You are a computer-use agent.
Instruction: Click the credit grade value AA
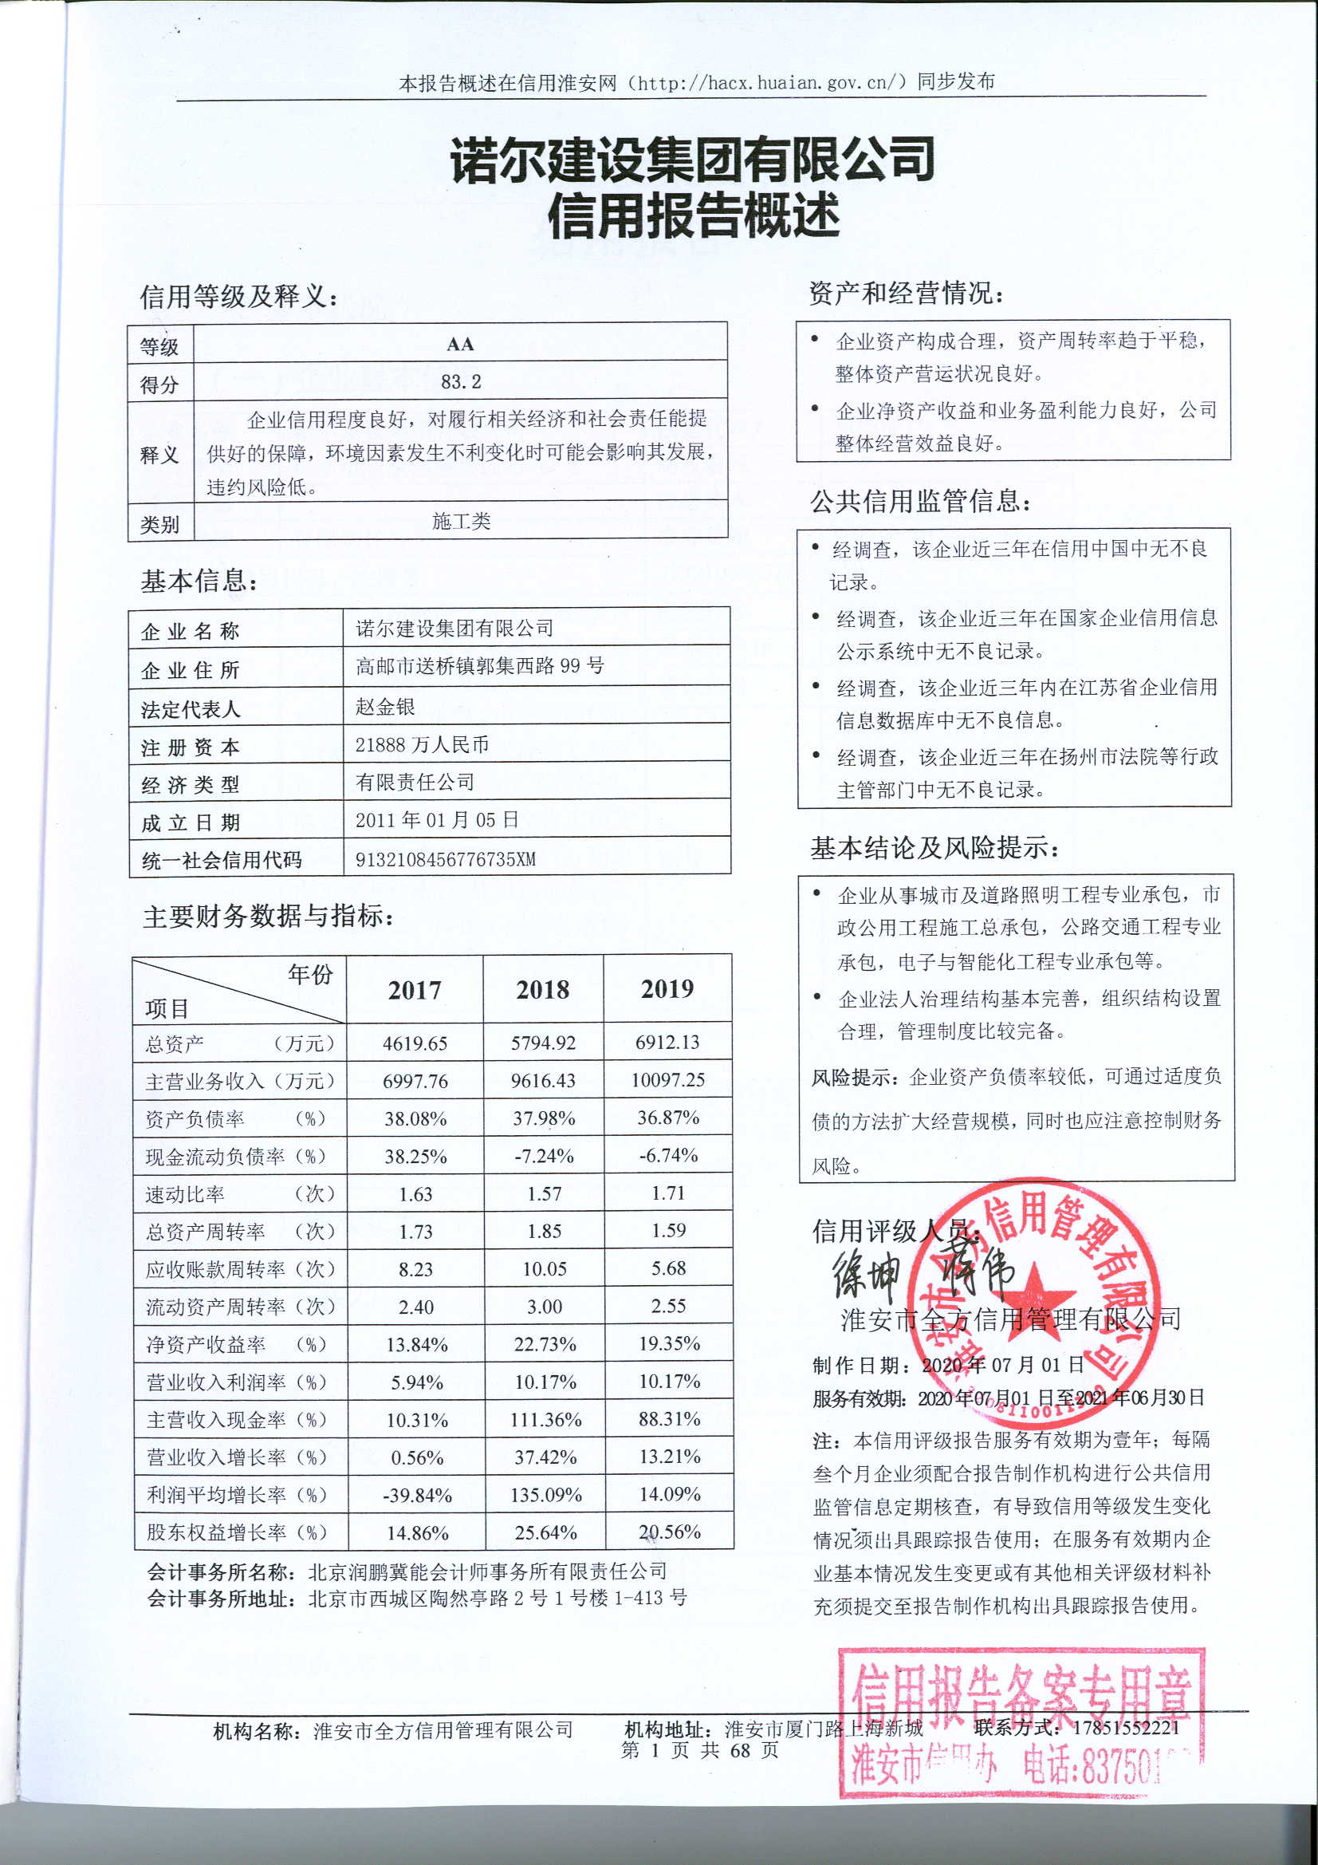coord(459,344)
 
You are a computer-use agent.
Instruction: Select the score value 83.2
coord(460,382)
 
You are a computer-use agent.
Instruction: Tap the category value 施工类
coord(460,521)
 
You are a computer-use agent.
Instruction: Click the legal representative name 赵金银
coord(385,707)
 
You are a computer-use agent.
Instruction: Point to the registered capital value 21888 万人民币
coord(422,745)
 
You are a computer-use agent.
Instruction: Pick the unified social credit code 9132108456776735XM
coord(445,859)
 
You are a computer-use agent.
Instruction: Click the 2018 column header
coord(542,989)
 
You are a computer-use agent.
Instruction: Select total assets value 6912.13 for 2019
coord(667,1042)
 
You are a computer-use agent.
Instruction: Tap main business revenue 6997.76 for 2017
coord(415,1081)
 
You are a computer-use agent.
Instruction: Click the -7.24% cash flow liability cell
coord(543,1156)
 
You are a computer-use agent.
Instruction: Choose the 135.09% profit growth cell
coord(545,1495)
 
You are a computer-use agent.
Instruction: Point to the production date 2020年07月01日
coord(1003,1365)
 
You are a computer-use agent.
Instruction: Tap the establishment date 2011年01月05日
coord(437,819)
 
